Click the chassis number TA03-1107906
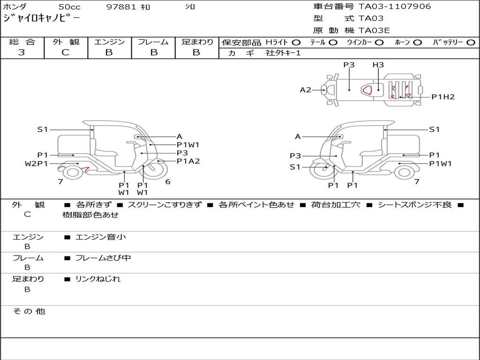pyautogui.click(x=395, y=7)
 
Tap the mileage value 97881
pyautogui.click(x=121, y=7)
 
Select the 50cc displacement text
pyautogui.click(x=69, y=7)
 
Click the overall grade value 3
pyautogui.click(x=22, y=52)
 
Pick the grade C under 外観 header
pyautogui.click(x=65, y=52)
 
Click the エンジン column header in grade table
pyautogui.click(x=109, y=42)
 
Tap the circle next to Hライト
pyautogui.click(x=296, y=43)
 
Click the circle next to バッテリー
pyautogui.click(x=471, y=43)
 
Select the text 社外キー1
pyautogui.click(x=283, y=53)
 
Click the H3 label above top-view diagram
pyautogui.click(x=378, y=65)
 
